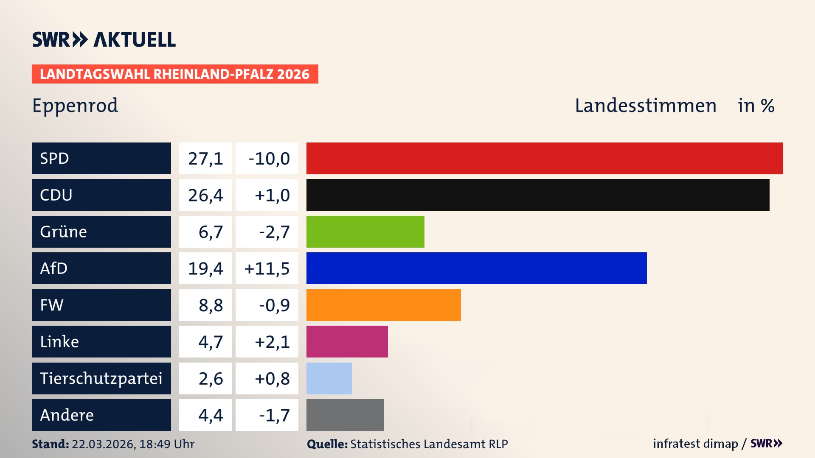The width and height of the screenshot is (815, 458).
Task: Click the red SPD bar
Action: point(545,158)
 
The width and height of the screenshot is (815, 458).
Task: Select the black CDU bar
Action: point(538,195)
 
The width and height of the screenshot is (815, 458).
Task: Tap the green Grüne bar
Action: point(365,232)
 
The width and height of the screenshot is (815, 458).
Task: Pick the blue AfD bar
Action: point(476,268)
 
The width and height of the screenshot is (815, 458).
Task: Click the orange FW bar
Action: point(383,305)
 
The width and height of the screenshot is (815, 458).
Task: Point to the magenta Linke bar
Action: point(347,341)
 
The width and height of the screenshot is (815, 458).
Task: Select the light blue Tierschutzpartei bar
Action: point(329,378)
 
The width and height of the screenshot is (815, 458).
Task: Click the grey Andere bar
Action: point(345,415)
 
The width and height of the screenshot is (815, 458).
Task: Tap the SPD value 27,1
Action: point(205,159)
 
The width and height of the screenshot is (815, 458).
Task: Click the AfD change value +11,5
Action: point(267,268)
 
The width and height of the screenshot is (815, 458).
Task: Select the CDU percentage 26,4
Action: point(205,195)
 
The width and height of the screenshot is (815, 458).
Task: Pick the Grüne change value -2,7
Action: point(274,232)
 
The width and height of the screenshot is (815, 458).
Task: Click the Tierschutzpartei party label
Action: point(101,378)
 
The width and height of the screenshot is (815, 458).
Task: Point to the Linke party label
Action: point(59,342)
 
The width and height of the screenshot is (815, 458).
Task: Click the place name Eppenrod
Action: point(75,105)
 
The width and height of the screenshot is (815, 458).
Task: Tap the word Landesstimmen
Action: point(645,106)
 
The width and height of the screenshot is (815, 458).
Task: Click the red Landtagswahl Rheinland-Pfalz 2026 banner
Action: point(175,74)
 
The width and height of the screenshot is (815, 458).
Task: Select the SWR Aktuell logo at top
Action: point(104,39)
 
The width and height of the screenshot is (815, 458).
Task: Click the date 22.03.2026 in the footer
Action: point(103,444)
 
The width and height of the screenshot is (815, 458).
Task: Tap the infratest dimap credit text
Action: point(695,444)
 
